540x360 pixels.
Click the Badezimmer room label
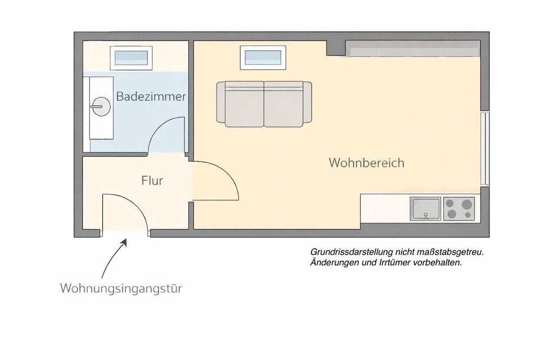[x=151, y=96]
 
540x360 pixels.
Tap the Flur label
[x=152, y=181]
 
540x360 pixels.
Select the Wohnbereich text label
[x=366, y=163]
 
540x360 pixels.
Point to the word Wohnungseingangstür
[x=121, y=289]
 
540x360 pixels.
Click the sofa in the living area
[x=264, y=103]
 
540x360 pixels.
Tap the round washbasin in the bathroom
[x=101, y=106]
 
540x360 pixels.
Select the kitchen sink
[x=425, y=209]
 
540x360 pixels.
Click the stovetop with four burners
[x=458, y=209]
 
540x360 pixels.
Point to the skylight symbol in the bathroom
[x=132, y=57]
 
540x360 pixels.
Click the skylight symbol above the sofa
[x=263, y=57]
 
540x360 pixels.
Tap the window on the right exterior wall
[x=484, y=148]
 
